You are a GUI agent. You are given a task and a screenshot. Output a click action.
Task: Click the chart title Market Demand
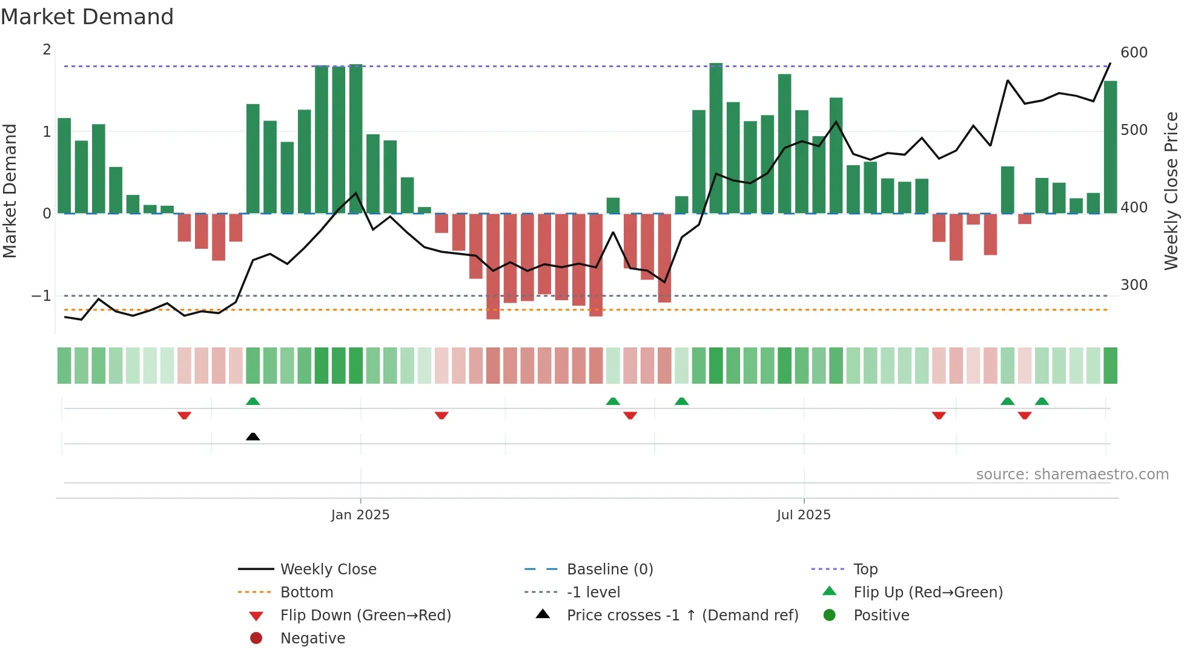(x=87, y=17)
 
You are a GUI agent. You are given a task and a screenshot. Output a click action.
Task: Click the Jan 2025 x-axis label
(x=360, y=515)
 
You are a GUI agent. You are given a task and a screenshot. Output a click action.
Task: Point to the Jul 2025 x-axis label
(x=804, y=515)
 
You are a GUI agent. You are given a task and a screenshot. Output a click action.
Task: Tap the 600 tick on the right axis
(x=1134, y=53)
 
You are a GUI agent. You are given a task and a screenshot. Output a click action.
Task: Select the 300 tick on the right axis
(x=1134, y=285)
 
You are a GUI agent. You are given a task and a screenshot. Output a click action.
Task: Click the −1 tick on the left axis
(x=41, y=296)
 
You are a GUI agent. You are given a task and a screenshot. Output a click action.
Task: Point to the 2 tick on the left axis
(x=47, y=50)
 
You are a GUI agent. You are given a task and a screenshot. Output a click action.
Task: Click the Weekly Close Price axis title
(x=1171, y=191)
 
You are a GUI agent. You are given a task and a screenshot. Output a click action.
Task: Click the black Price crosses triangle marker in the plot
(x=253, y=436)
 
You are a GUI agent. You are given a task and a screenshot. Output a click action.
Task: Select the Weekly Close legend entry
(x=328, y=570)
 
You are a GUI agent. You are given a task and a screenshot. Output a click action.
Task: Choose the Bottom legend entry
(x=306, y=593)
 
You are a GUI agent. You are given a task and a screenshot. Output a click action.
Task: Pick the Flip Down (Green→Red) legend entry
(x=365, y=616)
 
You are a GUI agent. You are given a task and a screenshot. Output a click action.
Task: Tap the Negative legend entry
(x=312, y=639)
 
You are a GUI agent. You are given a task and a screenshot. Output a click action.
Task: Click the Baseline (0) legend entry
(x=609, y=570)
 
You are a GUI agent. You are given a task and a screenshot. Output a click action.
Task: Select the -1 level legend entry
(x=593, y=593)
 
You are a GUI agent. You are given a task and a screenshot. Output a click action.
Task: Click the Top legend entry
(x=865, y=570)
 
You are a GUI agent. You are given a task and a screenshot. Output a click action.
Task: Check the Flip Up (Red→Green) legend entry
(x=928, y=593)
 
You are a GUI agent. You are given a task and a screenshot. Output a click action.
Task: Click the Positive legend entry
(x=881, y=616)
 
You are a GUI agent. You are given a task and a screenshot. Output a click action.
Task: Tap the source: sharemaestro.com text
(x=1072, y=475)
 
